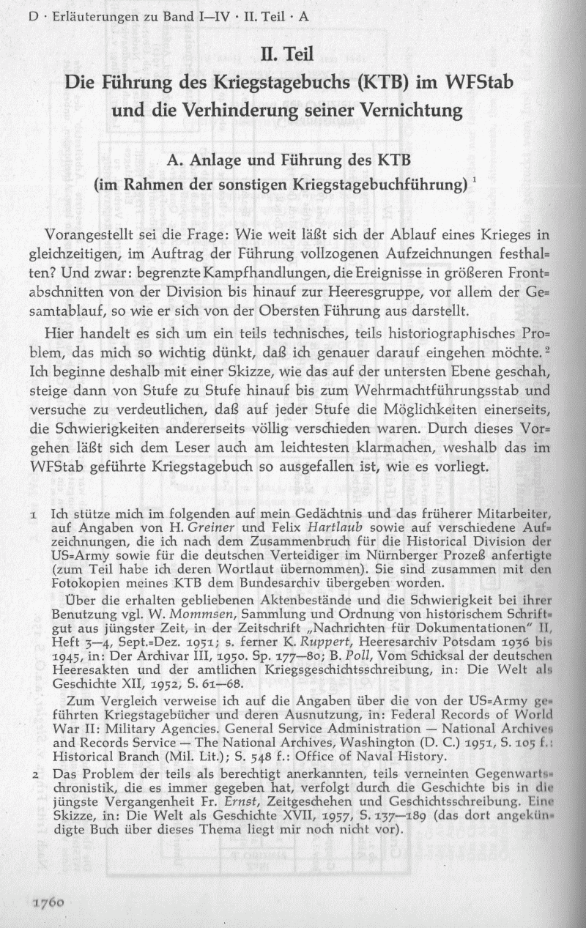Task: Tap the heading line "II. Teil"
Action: [x=292, y=53]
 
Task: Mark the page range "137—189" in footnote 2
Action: [x=398, y=817]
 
